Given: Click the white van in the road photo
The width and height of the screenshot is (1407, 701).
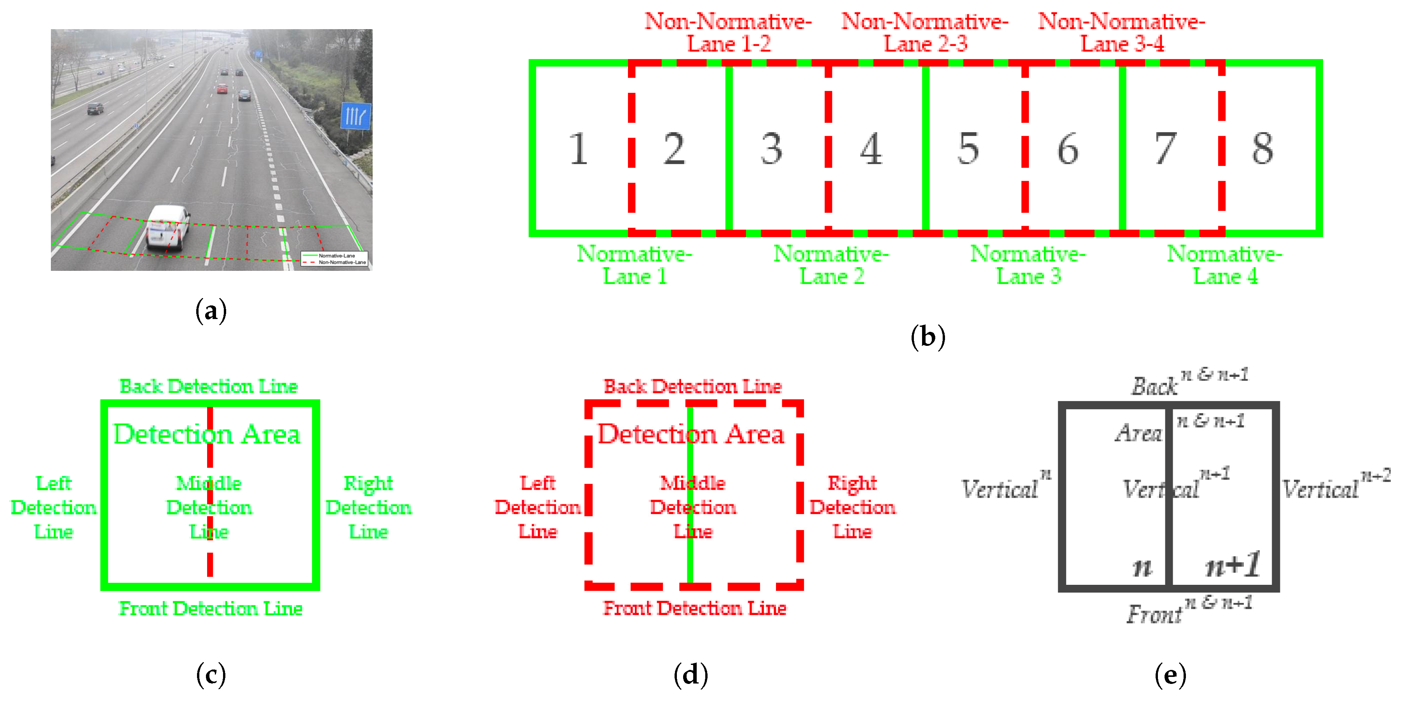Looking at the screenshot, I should [x=168, y=228].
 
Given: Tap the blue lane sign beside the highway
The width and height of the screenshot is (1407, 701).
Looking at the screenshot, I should [x=356, y=116].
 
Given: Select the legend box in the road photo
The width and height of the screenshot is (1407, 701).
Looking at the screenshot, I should [x=334, y=259].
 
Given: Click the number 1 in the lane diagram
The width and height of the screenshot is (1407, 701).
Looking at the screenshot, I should [x=579, y=148].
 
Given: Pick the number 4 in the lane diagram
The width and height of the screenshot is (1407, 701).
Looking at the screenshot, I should [x=871, y=148].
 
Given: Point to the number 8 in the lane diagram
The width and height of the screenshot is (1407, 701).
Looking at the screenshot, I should [x=1262, y=148].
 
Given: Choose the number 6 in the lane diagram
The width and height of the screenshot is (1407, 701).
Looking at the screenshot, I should [x=1068, y=148].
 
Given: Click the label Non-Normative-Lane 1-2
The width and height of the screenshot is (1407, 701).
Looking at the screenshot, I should [x=728, y=33].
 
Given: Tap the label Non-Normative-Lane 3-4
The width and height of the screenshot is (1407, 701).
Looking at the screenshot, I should [x=1121, y=33].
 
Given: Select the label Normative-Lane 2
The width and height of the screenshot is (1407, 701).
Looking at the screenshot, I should [x=831, y=265].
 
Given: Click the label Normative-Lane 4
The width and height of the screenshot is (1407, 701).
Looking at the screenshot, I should [x=1225, y=265].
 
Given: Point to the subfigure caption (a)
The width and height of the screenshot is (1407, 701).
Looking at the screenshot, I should [x=211, y=311].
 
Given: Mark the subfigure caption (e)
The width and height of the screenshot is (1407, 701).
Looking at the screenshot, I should [x=1170, y=675].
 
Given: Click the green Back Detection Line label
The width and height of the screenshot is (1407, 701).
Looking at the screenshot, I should [x=209, y=386].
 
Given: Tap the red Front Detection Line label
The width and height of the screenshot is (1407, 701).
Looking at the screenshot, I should [x=694, y=608].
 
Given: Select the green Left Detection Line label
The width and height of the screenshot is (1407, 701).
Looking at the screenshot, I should [x=54, y=507].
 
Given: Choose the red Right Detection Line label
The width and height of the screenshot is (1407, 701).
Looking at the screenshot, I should [x=852, y=507].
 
